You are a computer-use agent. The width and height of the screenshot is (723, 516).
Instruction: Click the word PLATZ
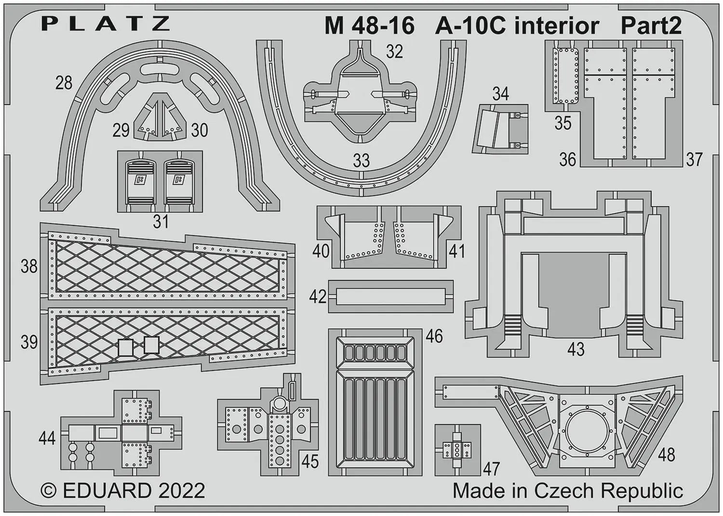[106, 23]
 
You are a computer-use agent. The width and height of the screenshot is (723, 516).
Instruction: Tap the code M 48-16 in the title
[370, 26]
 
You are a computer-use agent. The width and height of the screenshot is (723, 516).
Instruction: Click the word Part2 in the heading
[651, 26]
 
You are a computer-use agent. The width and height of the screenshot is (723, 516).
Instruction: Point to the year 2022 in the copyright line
[182, 491]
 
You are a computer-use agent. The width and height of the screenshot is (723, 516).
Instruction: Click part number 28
[64, 83]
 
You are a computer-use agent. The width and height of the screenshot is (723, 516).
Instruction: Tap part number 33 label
[361, 160]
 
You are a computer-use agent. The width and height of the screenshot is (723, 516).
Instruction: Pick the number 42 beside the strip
[318, 296]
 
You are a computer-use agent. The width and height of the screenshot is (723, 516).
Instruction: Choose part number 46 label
[434, 336]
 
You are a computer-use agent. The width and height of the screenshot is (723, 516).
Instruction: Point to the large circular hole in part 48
[588, 434]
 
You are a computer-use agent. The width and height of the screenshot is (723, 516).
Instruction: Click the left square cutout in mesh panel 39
[125, 347]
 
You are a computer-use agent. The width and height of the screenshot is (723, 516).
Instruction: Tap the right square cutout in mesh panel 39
[151, 344]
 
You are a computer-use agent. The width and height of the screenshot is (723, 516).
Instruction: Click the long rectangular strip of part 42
[390, 296]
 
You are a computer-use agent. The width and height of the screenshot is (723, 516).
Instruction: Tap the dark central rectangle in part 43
[574, 295]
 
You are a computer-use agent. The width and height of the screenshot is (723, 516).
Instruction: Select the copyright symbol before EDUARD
[48, 491]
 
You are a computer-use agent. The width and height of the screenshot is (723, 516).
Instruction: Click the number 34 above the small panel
[501, 94]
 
